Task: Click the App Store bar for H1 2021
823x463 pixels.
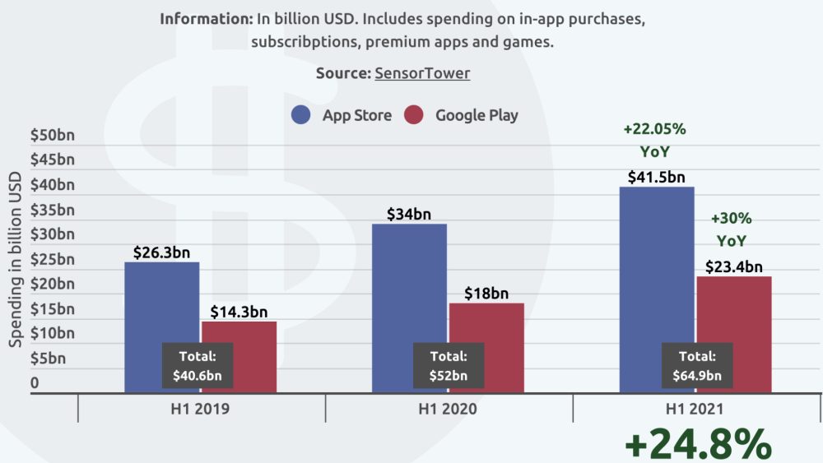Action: (x=656, y=263)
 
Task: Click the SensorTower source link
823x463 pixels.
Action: (x=422, y=73)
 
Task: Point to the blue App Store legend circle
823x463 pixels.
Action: (x=301, y=115)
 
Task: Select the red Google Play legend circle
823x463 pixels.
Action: (x=414, y=115)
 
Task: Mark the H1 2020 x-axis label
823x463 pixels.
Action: (x=449, y=408)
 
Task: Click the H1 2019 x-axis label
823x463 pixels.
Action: (x=202, y=408)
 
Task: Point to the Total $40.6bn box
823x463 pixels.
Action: (x=198, y=366)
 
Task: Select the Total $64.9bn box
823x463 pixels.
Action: (x=696, y=366)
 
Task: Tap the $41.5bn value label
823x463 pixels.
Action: (x=656, y=177)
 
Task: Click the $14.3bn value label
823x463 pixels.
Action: (x=239, y=312)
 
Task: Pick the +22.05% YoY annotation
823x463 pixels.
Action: (x=654, y=140)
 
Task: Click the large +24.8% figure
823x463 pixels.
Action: (x=698, y=444)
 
